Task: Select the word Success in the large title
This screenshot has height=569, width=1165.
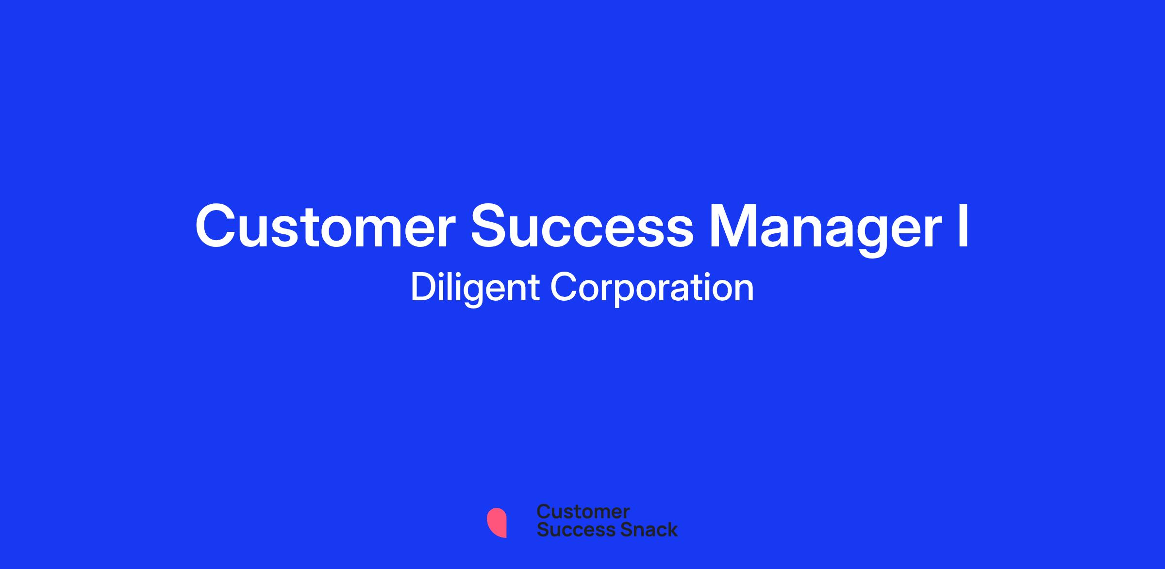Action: pyautogui.click(x=582, y=227)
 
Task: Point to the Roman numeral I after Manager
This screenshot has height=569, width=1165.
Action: pyautogui.click(x=963, y=226)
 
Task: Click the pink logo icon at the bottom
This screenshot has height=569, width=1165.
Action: pyautogui.click(x=497, y=523)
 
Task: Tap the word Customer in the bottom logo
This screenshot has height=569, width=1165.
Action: pyautogui.click(x=583, y=512)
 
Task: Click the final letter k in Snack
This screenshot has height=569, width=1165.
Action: pyautogui.click(x=671, y=529)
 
